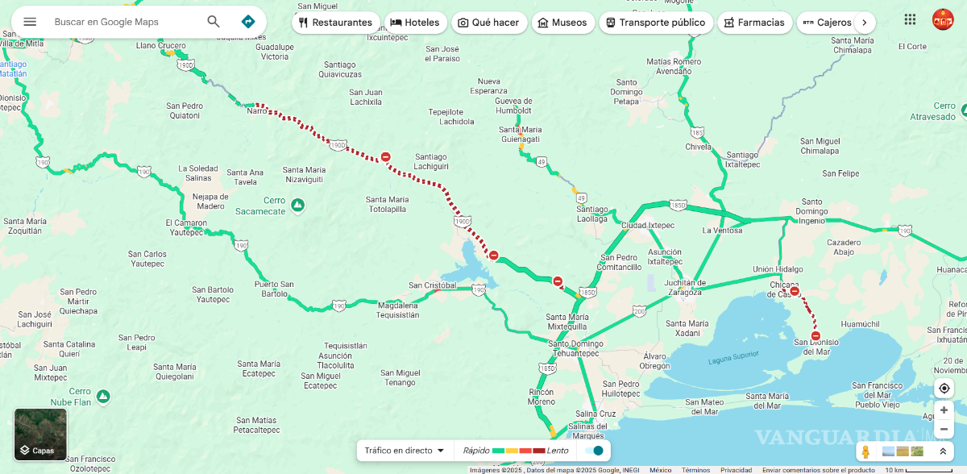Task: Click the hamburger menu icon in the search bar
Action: click(x=30, y=22)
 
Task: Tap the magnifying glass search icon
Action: click(x=214, y=22)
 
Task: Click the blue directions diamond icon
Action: click(x=248, y=22)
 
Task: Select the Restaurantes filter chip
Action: click(x=335, y=23)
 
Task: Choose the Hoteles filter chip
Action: click(x=415, y=23)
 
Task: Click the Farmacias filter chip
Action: click(x=753, y=23)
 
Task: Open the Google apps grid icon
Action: click(x=910, y=19)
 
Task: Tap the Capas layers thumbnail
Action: click(x=40, y=434)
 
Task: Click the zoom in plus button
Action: click(x=944, y=410)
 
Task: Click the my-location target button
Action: click(x=944, y=388)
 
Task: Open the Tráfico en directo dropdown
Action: click(x=405, y=451)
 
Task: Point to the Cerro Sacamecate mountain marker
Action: click(x=297, y=206)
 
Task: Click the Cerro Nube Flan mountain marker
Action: click(x=103, y=396)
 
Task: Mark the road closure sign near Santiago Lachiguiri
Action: click(x=386, y=157)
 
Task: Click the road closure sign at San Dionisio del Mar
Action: click(x=816, y=336)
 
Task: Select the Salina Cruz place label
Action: click(x=596, y=414)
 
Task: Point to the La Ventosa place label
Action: click(x=722, y=230)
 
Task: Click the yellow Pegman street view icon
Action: click(x=865, y=451)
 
